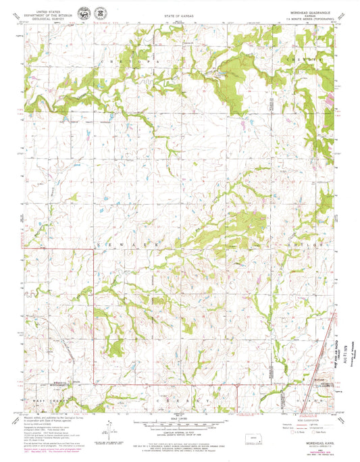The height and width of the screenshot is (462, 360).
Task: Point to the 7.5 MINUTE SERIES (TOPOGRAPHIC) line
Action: pyautogui.click(x=309, y=18)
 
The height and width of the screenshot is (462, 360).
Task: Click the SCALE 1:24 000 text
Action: pyautogui.click(x=180, y=419)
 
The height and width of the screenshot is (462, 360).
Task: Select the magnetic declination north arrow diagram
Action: pyautogui.click(x=106, y=426)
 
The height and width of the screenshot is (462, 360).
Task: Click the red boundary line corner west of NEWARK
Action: pyautogui.click(x=93, y=249)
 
